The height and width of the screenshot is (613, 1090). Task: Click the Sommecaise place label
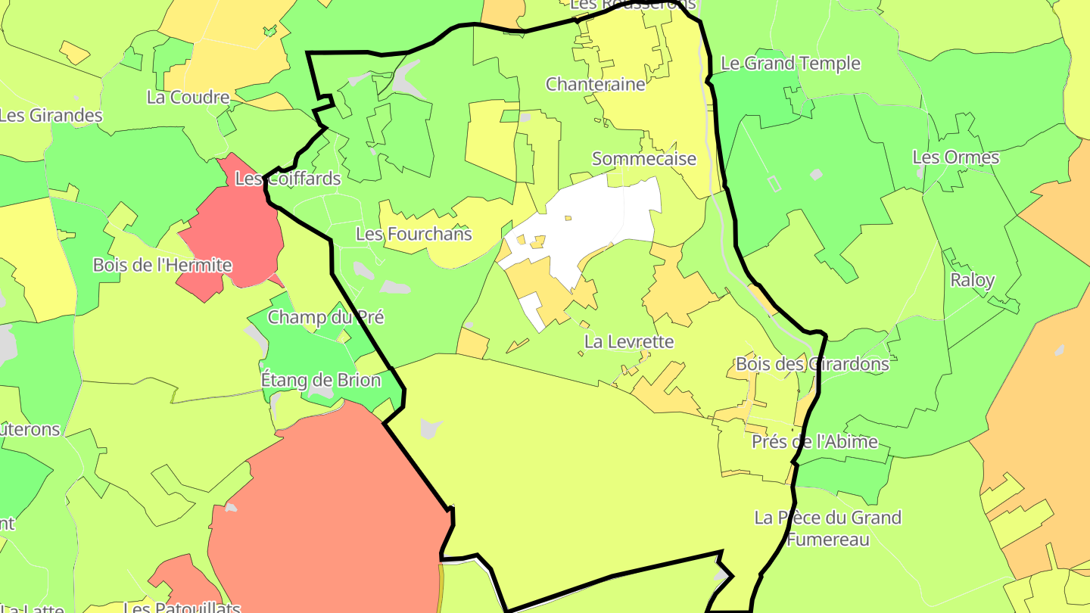pos(643,159)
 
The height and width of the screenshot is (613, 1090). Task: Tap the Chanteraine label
pos(596,84)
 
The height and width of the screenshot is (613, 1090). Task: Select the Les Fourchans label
pos(413,235)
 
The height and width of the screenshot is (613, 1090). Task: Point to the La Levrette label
pos(628,342)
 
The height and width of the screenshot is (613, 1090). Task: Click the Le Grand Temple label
pos(790,64)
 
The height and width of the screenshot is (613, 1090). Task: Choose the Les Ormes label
pos(955,158)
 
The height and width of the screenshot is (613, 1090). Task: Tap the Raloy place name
pos(972,280)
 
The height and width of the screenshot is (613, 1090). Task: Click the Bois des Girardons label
pos(812,364)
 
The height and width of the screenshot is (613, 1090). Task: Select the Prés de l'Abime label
pos(814,442)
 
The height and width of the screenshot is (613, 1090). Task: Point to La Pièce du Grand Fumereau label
pos(828,528)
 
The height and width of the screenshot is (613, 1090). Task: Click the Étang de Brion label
pos(320,380)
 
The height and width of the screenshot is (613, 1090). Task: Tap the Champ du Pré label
pos(325,317)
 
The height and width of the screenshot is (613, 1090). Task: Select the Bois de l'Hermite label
pos(162,266)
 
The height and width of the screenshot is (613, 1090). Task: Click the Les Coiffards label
pos(288,179)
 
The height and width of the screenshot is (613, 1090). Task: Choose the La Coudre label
pos(188,98)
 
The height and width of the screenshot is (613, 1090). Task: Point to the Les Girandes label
pos(51,116)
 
